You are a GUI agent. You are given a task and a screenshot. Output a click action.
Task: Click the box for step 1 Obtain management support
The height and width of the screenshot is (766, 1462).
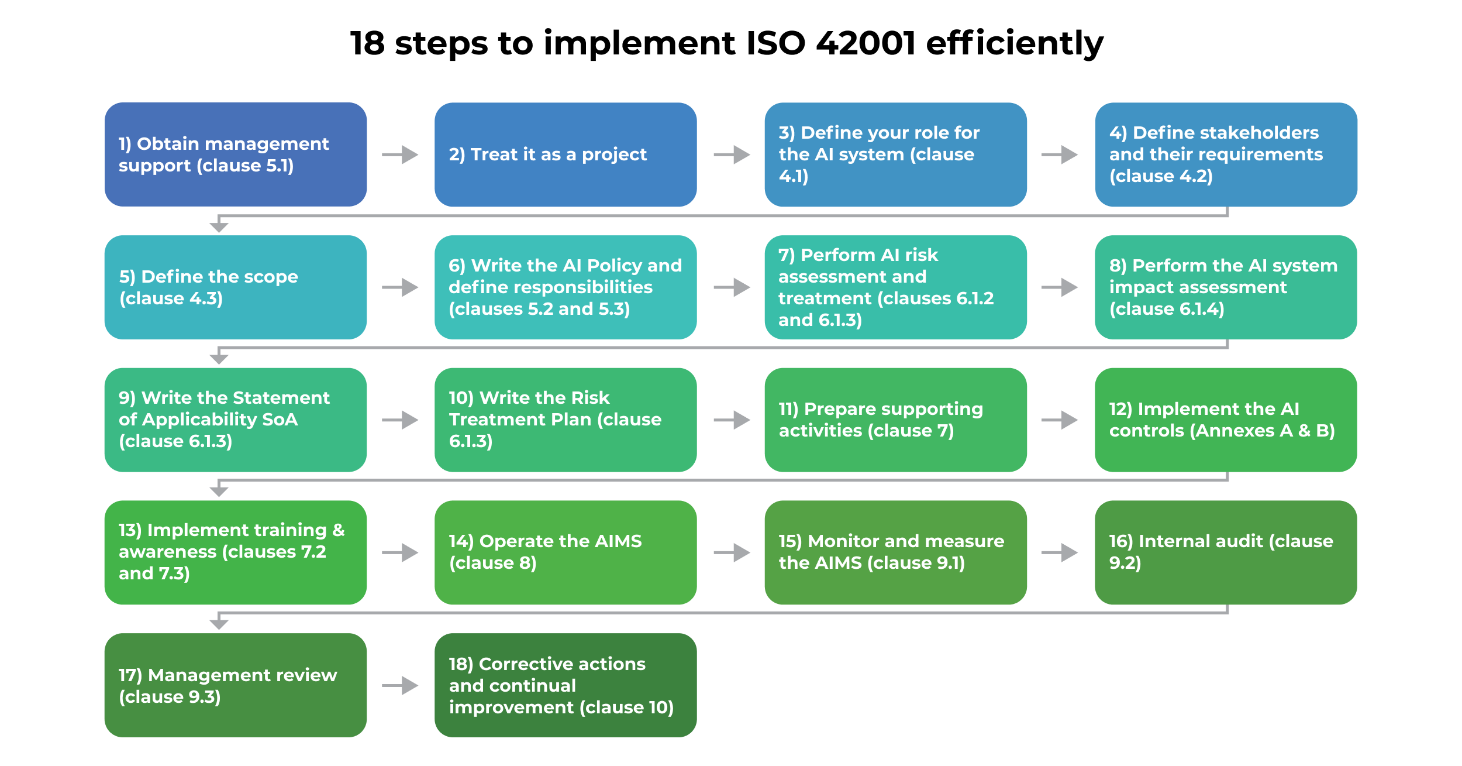click(235, 154)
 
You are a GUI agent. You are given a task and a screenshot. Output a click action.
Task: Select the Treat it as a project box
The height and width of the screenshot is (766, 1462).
click(565, 154)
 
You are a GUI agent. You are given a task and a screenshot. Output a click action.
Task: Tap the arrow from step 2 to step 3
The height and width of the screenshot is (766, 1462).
click(732, 154)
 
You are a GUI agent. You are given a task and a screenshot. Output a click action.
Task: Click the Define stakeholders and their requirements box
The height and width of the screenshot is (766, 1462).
click(1226, 154)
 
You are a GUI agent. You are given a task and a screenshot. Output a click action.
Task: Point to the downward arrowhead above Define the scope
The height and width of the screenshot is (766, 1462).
click(219, 226)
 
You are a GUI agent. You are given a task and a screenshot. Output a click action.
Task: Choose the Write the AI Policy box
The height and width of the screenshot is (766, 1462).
click(565, 287)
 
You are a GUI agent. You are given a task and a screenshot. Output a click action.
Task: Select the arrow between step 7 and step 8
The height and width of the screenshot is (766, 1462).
click(1060, 287)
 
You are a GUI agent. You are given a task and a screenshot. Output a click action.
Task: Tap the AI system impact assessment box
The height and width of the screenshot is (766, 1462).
click(1226, 287)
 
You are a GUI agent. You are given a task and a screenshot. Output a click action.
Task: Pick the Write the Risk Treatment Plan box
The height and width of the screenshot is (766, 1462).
click(565, 420)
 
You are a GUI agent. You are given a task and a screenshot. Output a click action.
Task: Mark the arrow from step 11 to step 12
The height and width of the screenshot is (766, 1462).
click(1060, 420)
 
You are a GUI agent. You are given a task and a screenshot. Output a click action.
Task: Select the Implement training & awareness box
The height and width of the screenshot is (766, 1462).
click(235, 552)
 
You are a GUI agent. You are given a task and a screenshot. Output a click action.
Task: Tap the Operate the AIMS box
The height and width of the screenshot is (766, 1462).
click(565, 552)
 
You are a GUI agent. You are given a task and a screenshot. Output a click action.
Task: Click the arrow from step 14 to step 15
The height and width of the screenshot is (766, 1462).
click(732, 552)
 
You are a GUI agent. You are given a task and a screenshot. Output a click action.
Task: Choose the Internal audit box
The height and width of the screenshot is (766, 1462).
click(1226, 552)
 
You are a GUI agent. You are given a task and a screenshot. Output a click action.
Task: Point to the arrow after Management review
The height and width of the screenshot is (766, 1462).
click(401, 685)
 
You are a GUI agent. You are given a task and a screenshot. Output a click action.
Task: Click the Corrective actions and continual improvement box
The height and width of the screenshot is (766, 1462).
click(565, 685)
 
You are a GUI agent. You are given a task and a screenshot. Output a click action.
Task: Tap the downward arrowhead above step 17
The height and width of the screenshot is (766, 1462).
click(219, 624)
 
